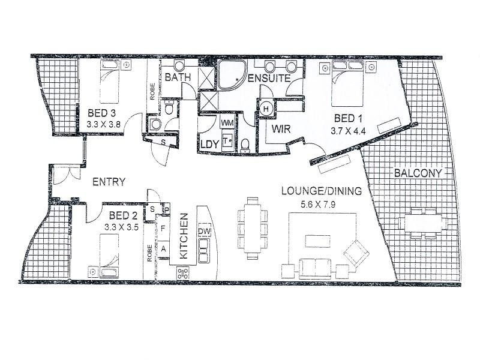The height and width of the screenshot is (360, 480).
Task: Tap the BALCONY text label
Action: pyautogui.click(x=418, y=173)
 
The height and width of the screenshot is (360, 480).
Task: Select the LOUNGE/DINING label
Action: pyautogui.click(x=322, y=192)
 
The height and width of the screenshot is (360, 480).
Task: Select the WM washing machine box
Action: pyautogui.click(x=227, y=123)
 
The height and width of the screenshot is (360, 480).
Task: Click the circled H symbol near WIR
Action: pyautogui.click(x=266, y=109)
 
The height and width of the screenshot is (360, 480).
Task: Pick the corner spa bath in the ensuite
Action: pyautogui.click(x=232, y=78)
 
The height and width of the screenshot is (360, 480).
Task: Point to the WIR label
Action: pyautogui.click(x=281, y=129)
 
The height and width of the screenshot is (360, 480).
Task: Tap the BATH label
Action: pyautogui.click(x=178, y=77)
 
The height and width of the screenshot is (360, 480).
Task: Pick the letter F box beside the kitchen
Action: pyautogui.click(x=163, y=229)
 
